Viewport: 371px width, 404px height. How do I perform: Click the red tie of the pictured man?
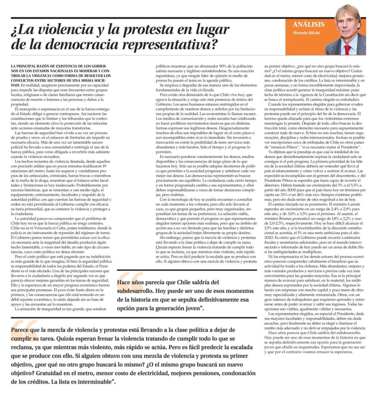(x=348, y=50)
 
